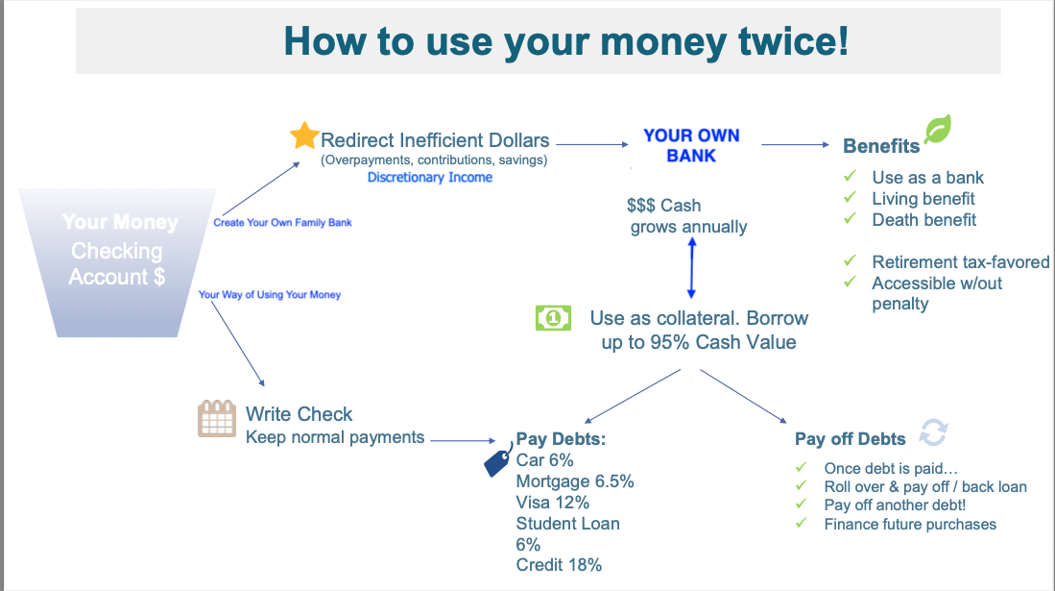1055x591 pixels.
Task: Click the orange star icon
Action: point(304,135)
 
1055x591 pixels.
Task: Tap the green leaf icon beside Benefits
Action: point(937,129)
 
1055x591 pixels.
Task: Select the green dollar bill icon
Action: point(553,318)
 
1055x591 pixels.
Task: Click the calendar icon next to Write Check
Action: point(217,418)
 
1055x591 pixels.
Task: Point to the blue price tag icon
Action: point(498,460)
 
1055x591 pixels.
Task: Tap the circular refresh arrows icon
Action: point(934,432)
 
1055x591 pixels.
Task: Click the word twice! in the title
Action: point(793,41)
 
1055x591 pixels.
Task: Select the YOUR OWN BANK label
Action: point(692,145)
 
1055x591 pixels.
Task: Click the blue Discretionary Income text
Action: point(430,177)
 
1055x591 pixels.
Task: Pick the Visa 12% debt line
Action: point(552,503)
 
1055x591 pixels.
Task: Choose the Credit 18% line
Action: point(559,565)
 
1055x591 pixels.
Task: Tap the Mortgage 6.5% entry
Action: point(575,481)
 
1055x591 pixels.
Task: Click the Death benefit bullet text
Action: point(923,220)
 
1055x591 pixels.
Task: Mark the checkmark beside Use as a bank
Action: point(851,176)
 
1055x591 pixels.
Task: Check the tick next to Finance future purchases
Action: point(801,522)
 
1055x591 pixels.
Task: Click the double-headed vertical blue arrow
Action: point(692,268)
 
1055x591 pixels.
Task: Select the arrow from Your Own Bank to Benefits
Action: point(795,144)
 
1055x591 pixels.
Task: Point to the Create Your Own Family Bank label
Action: point(282,222)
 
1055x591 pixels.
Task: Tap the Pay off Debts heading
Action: point(850,439)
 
